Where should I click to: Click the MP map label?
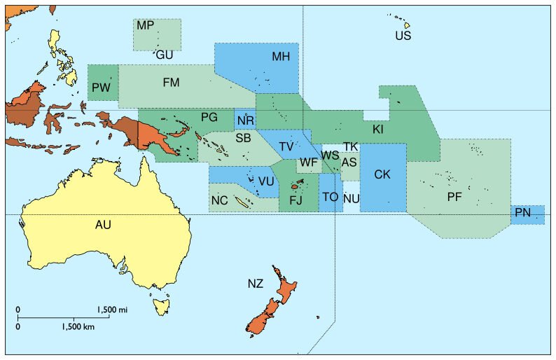click(146, 26)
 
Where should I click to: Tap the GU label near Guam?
click(165, 55)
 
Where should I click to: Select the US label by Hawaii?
click(403, 35)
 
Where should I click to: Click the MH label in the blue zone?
click(281, 57)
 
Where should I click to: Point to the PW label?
click(99, 88)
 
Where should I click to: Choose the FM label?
click(171, 83)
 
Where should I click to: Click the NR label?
click(245, 121)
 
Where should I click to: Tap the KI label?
click(377, 130)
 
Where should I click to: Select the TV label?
click(286, 146)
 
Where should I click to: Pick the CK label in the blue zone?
click(382, 174)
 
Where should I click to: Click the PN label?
click(522, 212)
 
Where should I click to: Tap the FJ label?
click(296, 201)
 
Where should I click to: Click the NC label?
click(219, 201)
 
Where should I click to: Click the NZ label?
click(255, 284)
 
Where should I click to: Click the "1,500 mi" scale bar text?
click(113, 309)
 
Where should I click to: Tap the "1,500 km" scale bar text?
click(78, 326)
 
